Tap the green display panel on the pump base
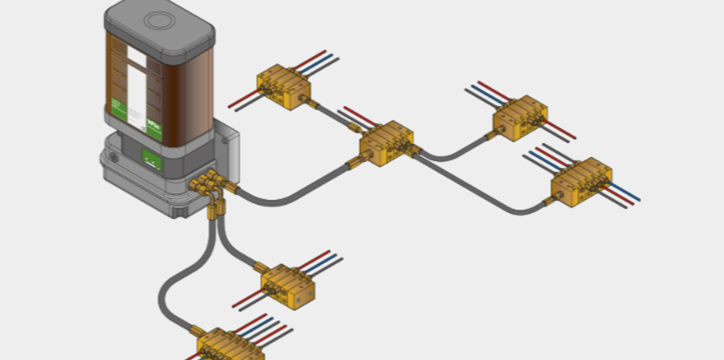[x=152, y=159]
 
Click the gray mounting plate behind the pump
[x=228, y=149]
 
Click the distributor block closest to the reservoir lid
[x=283, y=86]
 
